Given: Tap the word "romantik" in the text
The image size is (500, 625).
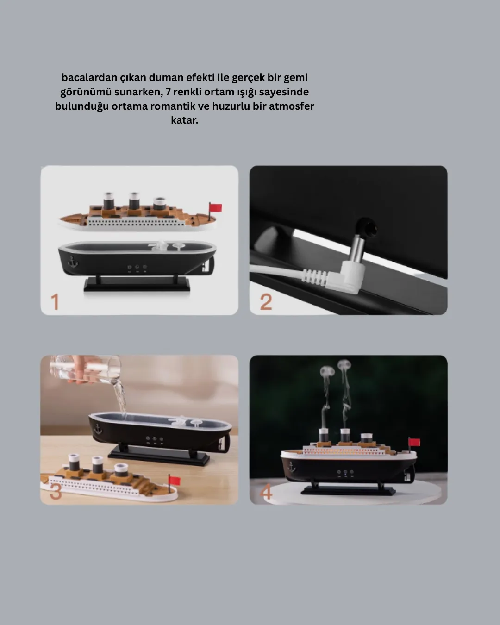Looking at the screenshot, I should (173, 106).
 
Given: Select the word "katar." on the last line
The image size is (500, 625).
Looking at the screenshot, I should (184, 120).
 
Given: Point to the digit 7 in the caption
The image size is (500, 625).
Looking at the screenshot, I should (169, 92).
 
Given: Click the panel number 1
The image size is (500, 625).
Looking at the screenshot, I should (55, 302).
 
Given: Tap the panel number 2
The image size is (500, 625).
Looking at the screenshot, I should (266, 302).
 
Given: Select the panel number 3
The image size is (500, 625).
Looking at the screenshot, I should (56, 492).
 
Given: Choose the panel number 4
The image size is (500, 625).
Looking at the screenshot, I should (266, 492).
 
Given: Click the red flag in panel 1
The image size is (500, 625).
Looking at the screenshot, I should (216, 208).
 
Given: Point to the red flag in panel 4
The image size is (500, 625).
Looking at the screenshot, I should (414, 442).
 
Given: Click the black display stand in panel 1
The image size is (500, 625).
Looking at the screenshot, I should (137, 284).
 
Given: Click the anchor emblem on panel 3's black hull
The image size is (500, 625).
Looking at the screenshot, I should (98, 429).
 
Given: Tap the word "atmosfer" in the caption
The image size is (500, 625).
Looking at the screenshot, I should (292, 106).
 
